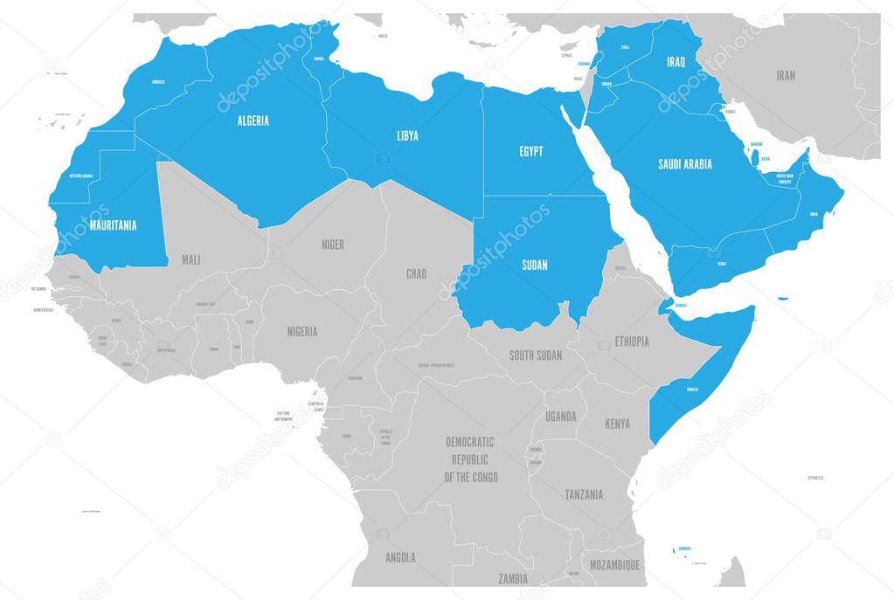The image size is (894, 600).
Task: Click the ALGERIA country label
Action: pos(253,121)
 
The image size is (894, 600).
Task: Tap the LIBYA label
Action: pos(407,135)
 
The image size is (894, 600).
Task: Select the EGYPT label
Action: pos(530,151)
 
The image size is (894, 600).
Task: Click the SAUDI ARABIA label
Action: pos(685,163)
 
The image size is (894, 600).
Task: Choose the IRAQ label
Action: pos(676,62)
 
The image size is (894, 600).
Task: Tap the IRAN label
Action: pos(786,76)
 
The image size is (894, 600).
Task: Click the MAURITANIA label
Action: pos(113,225)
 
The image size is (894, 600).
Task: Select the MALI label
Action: pos(191,259)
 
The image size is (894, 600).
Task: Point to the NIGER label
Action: pos(332,245)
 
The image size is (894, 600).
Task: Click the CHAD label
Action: pos(416,274)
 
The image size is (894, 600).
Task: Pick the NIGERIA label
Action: pos(302,332)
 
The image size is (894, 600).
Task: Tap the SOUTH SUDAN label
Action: pos(536,355)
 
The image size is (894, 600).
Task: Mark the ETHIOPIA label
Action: pos(632,341)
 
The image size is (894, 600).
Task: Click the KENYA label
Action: pos(616,424)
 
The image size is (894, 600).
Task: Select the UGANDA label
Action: pos(560,417)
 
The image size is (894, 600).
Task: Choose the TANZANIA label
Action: pos(583,494)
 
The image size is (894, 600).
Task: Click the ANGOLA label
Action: pos(400,557)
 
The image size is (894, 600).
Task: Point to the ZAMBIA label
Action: pos(512,578)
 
